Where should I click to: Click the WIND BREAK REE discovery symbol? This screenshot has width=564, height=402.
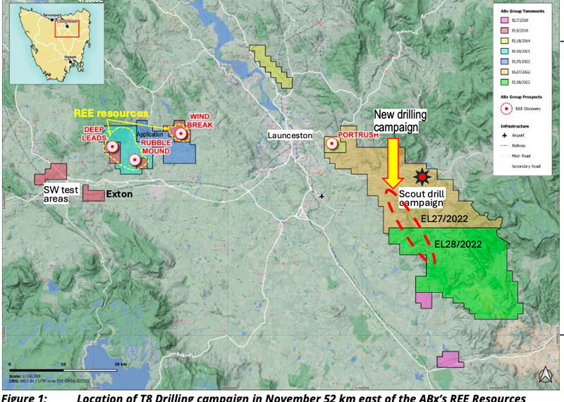point(181,133)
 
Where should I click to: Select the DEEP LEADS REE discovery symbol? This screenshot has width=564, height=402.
point(113,147)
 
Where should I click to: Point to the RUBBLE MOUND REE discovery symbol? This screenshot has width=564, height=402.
point(135,159)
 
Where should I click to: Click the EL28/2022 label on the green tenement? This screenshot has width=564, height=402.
point(458,244)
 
